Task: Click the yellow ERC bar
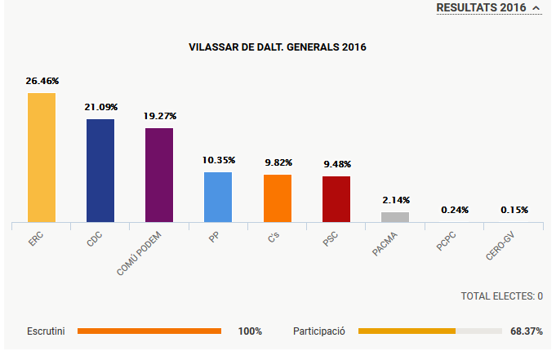(x=42, y=157)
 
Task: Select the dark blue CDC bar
(x=100, y=170)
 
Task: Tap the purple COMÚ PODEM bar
(x=159, y=175)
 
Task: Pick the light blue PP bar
(x=218, y=197)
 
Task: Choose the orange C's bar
(x=278, y=198)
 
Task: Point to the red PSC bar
(x=336, y=198)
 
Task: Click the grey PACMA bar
(x=395, y=216)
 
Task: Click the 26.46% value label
(x=42, y=82)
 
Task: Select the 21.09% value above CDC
(x=101, y=107)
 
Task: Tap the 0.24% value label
(x=455, y=210)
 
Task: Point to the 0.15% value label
(x=514, y=210)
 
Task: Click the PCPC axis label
(x=447, y=242)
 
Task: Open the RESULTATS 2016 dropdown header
(x=488, y=7)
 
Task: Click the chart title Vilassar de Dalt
(x=278, y=47)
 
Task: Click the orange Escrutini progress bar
(x=149, y=331)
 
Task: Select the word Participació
(x=319, y=331)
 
